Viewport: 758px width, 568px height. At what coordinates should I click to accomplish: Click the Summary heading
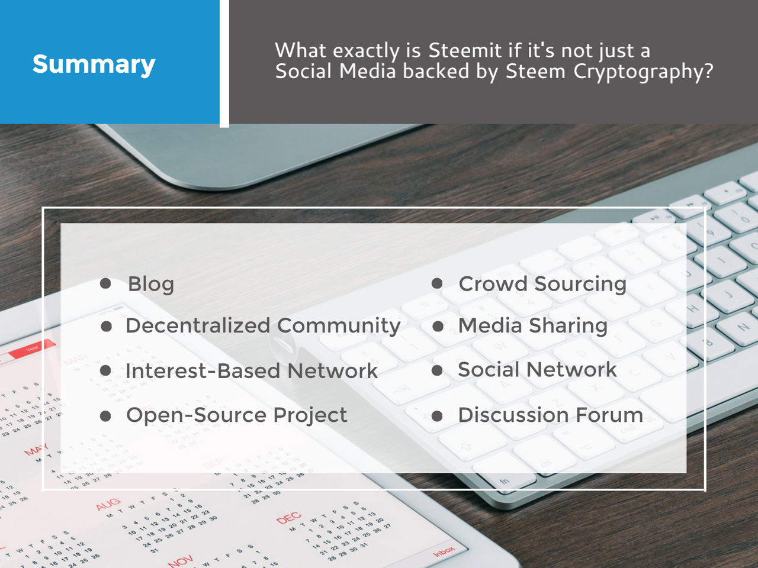click(x=94, y=64)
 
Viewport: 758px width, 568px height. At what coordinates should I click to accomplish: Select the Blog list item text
click(x=151, y=284)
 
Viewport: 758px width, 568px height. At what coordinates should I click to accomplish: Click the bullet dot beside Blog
click(x=106, y=283)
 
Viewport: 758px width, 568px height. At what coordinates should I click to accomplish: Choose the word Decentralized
click(x=198, y=325)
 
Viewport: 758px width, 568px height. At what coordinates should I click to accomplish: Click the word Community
click(x=339, y=326)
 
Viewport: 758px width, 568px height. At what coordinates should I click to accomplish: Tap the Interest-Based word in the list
click(x=203, y=371)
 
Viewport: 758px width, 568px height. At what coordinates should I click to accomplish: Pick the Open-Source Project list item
click(x=236, y=415)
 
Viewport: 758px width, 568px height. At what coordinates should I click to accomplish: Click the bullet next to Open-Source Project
click(x=106, y=416)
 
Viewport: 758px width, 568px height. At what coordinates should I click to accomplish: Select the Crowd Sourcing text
click(x=542, y=284)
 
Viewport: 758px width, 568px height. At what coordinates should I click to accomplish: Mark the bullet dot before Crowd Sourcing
click(x=437, y=283)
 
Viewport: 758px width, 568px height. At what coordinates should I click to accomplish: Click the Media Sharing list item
click(x=533, y=325)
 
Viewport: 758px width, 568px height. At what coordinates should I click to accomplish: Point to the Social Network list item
click(x=537, y=370)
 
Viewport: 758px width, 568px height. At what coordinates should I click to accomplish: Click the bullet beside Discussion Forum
click(x=437, y=416)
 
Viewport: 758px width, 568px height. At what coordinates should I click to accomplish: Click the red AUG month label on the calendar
click(x=108, y=504)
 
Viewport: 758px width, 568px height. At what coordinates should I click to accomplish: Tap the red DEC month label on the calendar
click(x=288, y=518)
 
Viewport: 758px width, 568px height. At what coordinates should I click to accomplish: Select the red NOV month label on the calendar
click(x=181, y=560)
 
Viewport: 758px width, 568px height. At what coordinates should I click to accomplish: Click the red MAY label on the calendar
click(x=36, y=450)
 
